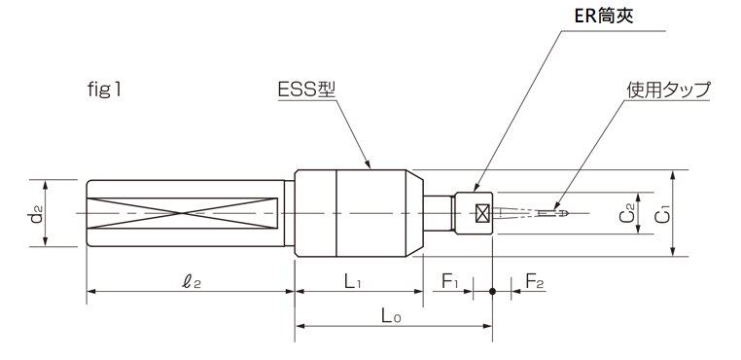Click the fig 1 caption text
104,90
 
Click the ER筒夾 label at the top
604,16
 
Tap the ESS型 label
306,90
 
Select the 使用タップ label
668,90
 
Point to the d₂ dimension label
36,214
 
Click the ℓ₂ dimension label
192,282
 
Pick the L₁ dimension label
353,282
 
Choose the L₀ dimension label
391,316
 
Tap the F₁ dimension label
450,282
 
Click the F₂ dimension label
535,282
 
